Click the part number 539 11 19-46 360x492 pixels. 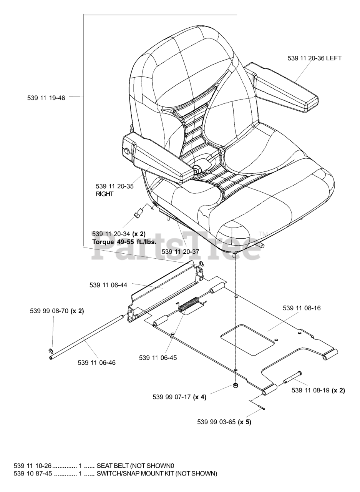point(46,98)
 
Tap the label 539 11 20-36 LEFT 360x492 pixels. point(315,58)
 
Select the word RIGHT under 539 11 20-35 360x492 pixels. point(105,194)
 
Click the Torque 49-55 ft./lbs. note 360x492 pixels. point(124,242)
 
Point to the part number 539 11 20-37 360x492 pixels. point(181,252)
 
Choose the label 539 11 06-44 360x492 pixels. point(108,285)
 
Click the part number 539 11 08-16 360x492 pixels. point(302,308)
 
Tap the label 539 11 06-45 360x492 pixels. point(158,358)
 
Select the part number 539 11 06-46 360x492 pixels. point(96,362)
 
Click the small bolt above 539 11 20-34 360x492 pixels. point(138,213)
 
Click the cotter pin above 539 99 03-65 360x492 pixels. point(257,405)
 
